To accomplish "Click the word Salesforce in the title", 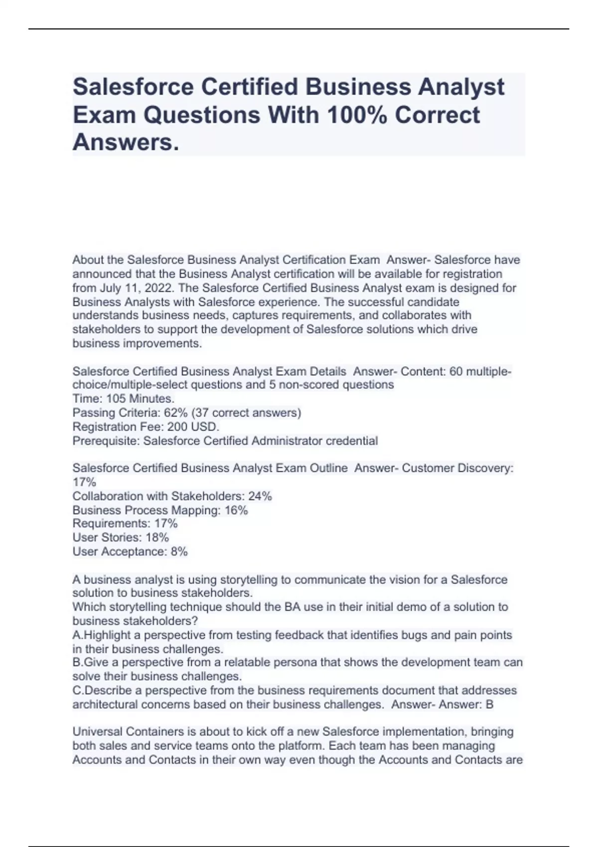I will [x=133, y=87].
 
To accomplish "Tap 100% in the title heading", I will [x=357, y=115].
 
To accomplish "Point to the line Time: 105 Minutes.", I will [x=123, y=399].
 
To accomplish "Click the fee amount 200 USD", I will [x=193, y=426].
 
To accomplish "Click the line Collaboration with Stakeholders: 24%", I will [x=172, y=496].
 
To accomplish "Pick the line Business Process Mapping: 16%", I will [x=160, y=510].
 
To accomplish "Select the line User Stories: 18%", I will [x=121, y=538].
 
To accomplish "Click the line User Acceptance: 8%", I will [x=130, y=552].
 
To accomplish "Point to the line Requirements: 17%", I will [x=125, y=524].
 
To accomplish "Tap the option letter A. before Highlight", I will [x=78, y=635].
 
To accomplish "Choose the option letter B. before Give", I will [x=78, y=663].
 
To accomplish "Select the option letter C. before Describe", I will [x=78, y=691].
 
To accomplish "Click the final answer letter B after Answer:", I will [x=489, y=705].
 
